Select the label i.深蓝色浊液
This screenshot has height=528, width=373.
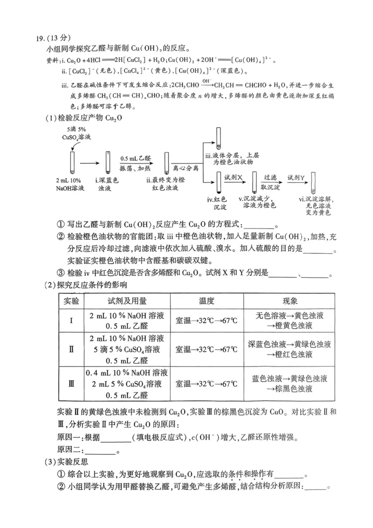pos(108,183)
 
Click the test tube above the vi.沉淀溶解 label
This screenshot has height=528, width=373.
pos(314,182)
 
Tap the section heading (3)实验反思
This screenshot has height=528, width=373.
pos(66,463)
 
